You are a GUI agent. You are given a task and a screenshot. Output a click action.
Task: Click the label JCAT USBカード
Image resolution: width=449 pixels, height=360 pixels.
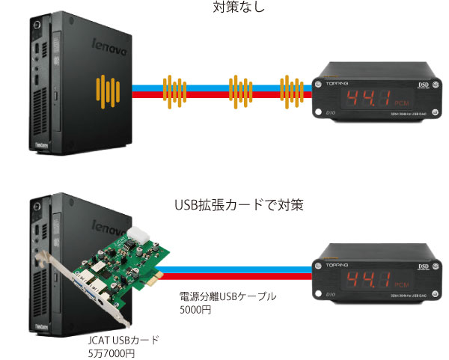click(123, 340)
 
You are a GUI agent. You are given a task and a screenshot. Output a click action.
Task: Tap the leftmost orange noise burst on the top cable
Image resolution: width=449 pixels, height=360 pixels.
click(174, 92)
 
